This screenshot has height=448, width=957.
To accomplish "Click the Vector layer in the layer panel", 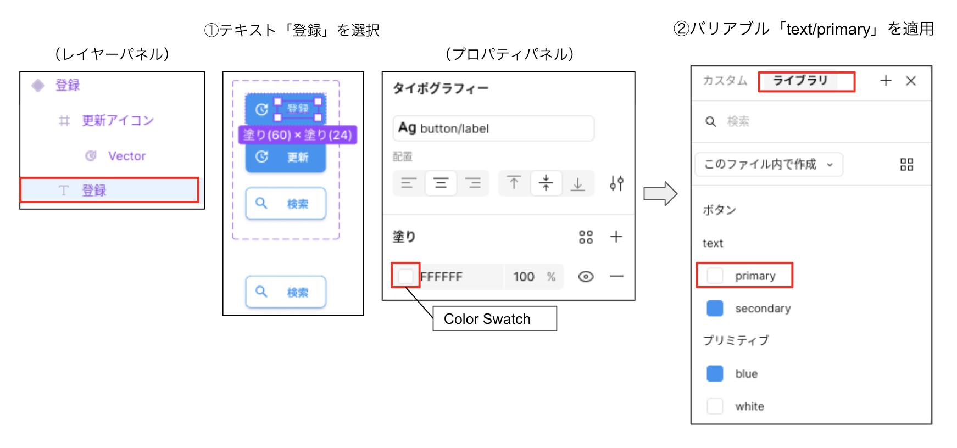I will click(126, 156).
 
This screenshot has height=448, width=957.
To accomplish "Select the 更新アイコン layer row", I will click(117, 120).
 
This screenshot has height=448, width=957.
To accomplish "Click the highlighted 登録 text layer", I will click(109, 190).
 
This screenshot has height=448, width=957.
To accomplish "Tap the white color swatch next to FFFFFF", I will click(406, 276).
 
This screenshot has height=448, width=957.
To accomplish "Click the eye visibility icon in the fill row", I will click(586, 276).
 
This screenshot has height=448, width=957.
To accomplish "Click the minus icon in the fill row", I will click(616, 276).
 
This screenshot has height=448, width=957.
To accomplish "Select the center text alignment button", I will click(441, 183).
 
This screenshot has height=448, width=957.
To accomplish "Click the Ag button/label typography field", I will click(493, 128).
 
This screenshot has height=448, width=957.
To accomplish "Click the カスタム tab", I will click(725, 81).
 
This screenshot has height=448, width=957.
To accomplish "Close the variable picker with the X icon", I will click(911, 81).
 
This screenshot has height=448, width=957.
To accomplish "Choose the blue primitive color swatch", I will click(715, 373).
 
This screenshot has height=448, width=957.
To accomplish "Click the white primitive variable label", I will click(749, 406).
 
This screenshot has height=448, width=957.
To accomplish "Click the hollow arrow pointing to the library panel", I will click(660, 193).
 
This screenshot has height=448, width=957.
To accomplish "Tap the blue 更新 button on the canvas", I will click(286, 158).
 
